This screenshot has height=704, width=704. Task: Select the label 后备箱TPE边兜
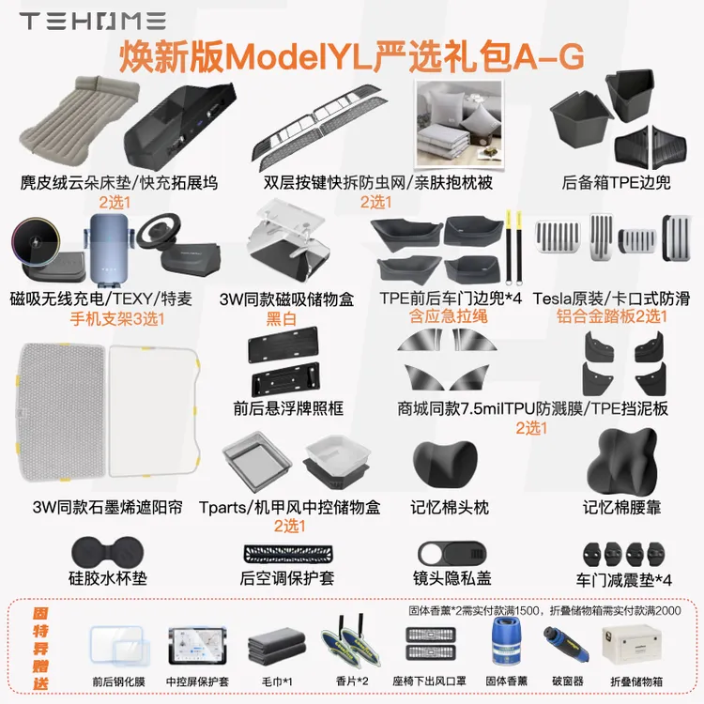pyautogui.click(x=616, y=183)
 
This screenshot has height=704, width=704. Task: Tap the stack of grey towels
pyautogui.click(x=273, y=647)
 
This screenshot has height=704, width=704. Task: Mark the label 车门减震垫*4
pyautogui.click(x=624, y=579)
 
